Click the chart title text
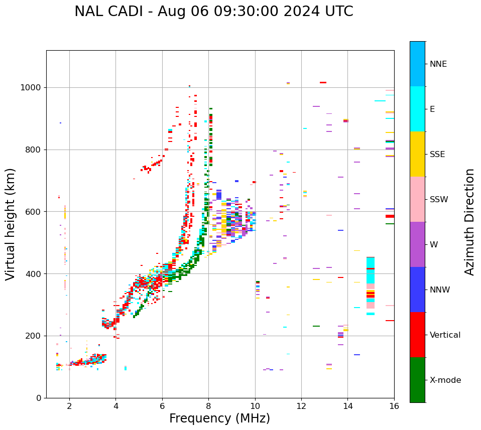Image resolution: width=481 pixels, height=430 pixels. point(213,12)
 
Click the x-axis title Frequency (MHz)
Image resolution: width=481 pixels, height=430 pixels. point(219,418)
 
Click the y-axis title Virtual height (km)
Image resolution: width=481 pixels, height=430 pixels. point(11,224)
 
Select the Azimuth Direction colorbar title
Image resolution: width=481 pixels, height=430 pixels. point(469,221)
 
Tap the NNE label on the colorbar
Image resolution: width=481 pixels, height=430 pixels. point(438,64)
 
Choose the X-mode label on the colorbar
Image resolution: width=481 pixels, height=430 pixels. point(445,380)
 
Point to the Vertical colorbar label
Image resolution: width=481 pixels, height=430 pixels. point(445,335)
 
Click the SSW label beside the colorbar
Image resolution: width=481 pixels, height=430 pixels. point(439,200)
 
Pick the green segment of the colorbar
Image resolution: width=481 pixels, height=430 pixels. point(417,380)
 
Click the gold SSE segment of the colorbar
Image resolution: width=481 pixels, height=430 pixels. point(417,154)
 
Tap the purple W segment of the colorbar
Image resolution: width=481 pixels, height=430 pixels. point(417,244)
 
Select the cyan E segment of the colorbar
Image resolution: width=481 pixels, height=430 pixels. point(417,109)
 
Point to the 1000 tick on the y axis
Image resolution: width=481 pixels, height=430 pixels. point(31,87)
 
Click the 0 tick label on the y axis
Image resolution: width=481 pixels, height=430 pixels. point(39,398)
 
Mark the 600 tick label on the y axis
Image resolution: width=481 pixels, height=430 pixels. point(34,212)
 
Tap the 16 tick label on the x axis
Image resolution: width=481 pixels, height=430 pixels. point(394,406)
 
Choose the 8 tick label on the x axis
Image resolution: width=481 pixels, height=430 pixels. point(208,406)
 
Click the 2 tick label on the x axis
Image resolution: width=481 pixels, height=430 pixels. point(69,406)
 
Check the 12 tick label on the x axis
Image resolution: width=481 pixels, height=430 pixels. point(301,406)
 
